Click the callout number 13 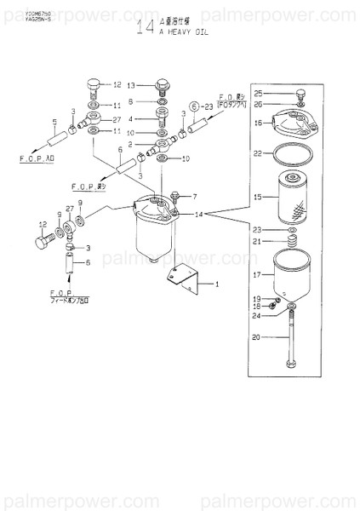[131, 86]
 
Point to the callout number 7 [193, 197]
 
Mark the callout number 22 [257, 154]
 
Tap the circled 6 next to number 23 [195, 106]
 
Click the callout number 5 [54, 121]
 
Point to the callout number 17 [257, 275]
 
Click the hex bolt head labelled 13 [163, 85]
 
